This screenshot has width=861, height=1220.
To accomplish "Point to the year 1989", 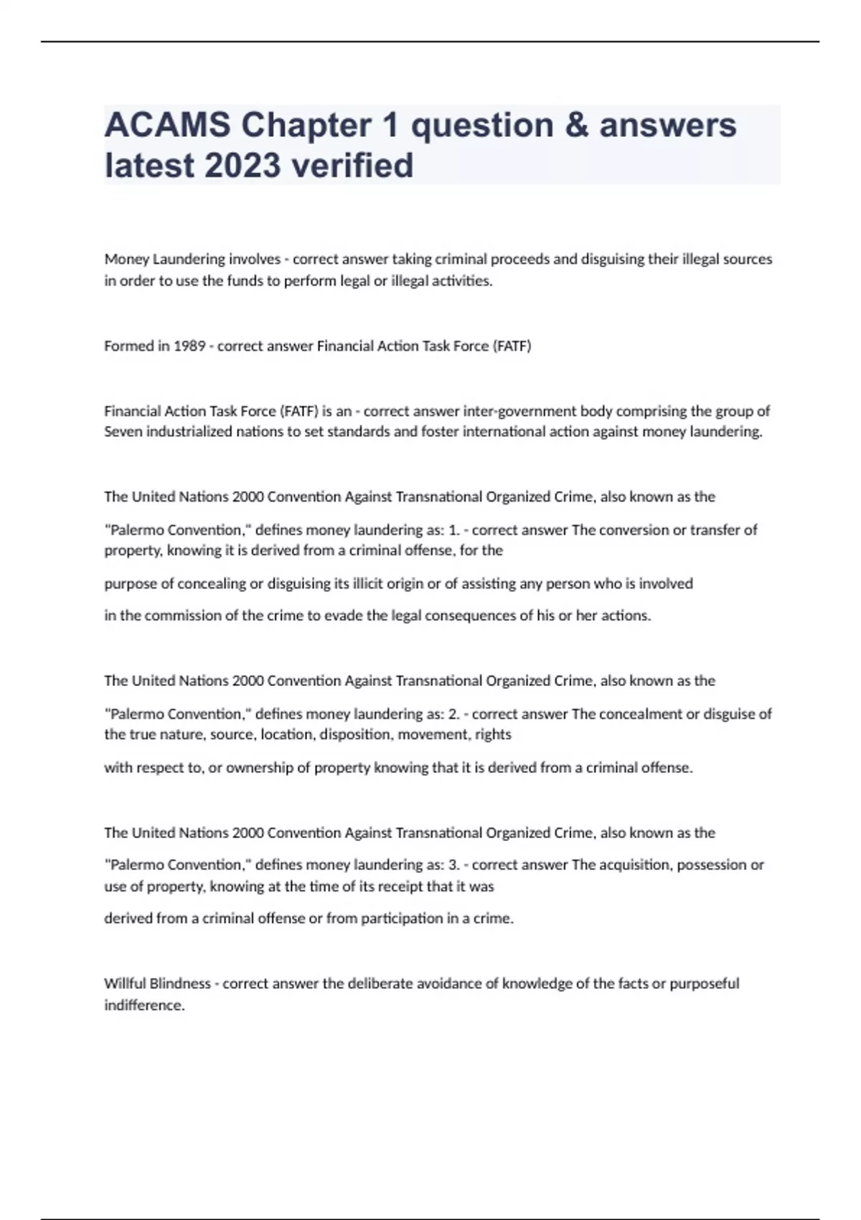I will coord(189,346).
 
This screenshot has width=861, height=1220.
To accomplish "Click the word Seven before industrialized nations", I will coord(123,432).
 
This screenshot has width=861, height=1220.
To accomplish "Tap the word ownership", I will coord(260,768).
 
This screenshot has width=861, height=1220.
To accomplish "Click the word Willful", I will coord(125,983).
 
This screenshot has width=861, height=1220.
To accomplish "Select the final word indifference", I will coord(143,1005).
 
